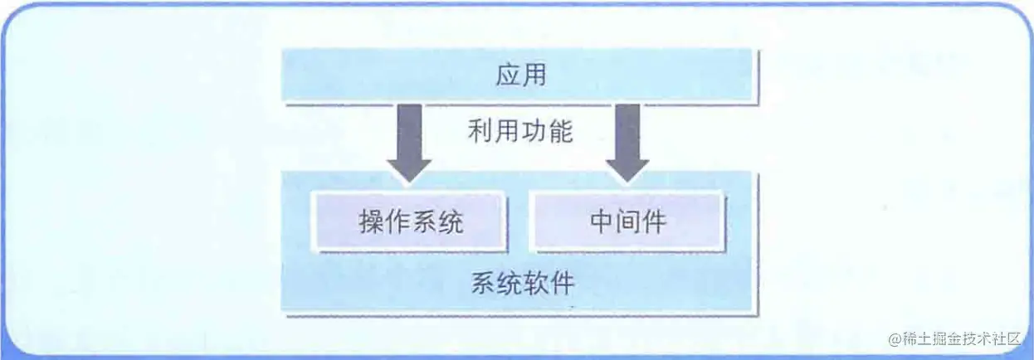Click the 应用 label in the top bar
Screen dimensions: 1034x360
(520, 75)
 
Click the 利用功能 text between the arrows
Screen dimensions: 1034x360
(519, 131)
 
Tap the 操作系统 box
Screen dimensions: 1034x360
(411, 221)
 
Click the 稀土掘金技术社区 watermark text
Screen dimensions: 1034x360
(963, 339)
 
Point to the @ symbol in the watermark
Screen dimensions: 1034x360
(894, 339)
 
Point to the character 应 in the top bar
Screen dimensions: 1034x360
(508, 75)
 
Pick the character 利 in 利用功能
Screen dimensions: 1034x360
(480, 131)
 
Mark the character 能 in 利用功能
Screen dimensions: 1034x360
(560, 131)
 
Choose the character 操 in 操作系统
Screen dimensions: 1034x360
(371, 221)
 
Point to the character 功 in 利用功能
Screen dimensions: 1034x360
(534, 131)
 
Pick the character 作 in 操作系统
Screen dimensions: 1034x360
(398, 221)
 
